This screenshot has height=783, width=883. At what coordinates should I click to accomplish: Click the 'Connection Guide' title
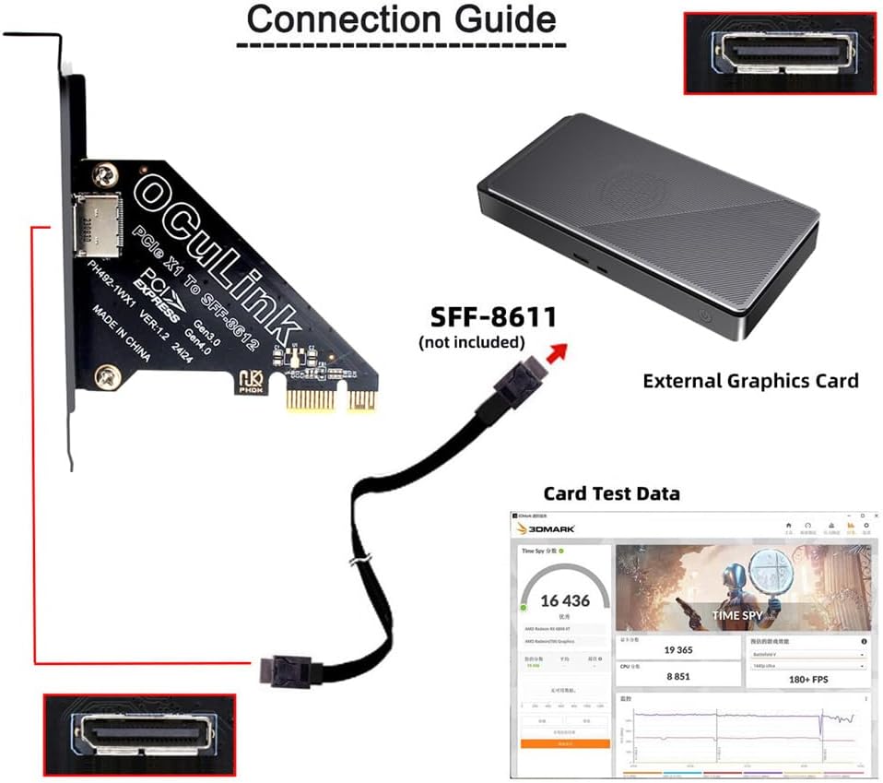[402, 20]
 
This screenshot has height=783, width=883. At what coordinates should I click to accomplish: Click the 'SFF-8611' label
[493, 318]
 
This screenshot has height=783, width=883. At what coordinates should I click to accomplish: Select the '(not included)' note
[471, 342]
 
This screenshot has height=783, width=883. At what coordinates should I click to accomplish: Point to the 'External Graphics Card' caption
[750, 380]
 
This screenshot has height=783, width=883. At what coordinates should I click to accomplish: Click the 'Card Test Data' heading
[611, 493]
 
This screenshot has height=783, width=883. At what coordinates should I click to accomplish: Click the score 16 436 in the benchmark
[565, 601]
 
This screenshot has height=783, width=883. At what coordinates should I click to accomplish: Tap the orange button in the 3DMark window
[565, 742]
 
